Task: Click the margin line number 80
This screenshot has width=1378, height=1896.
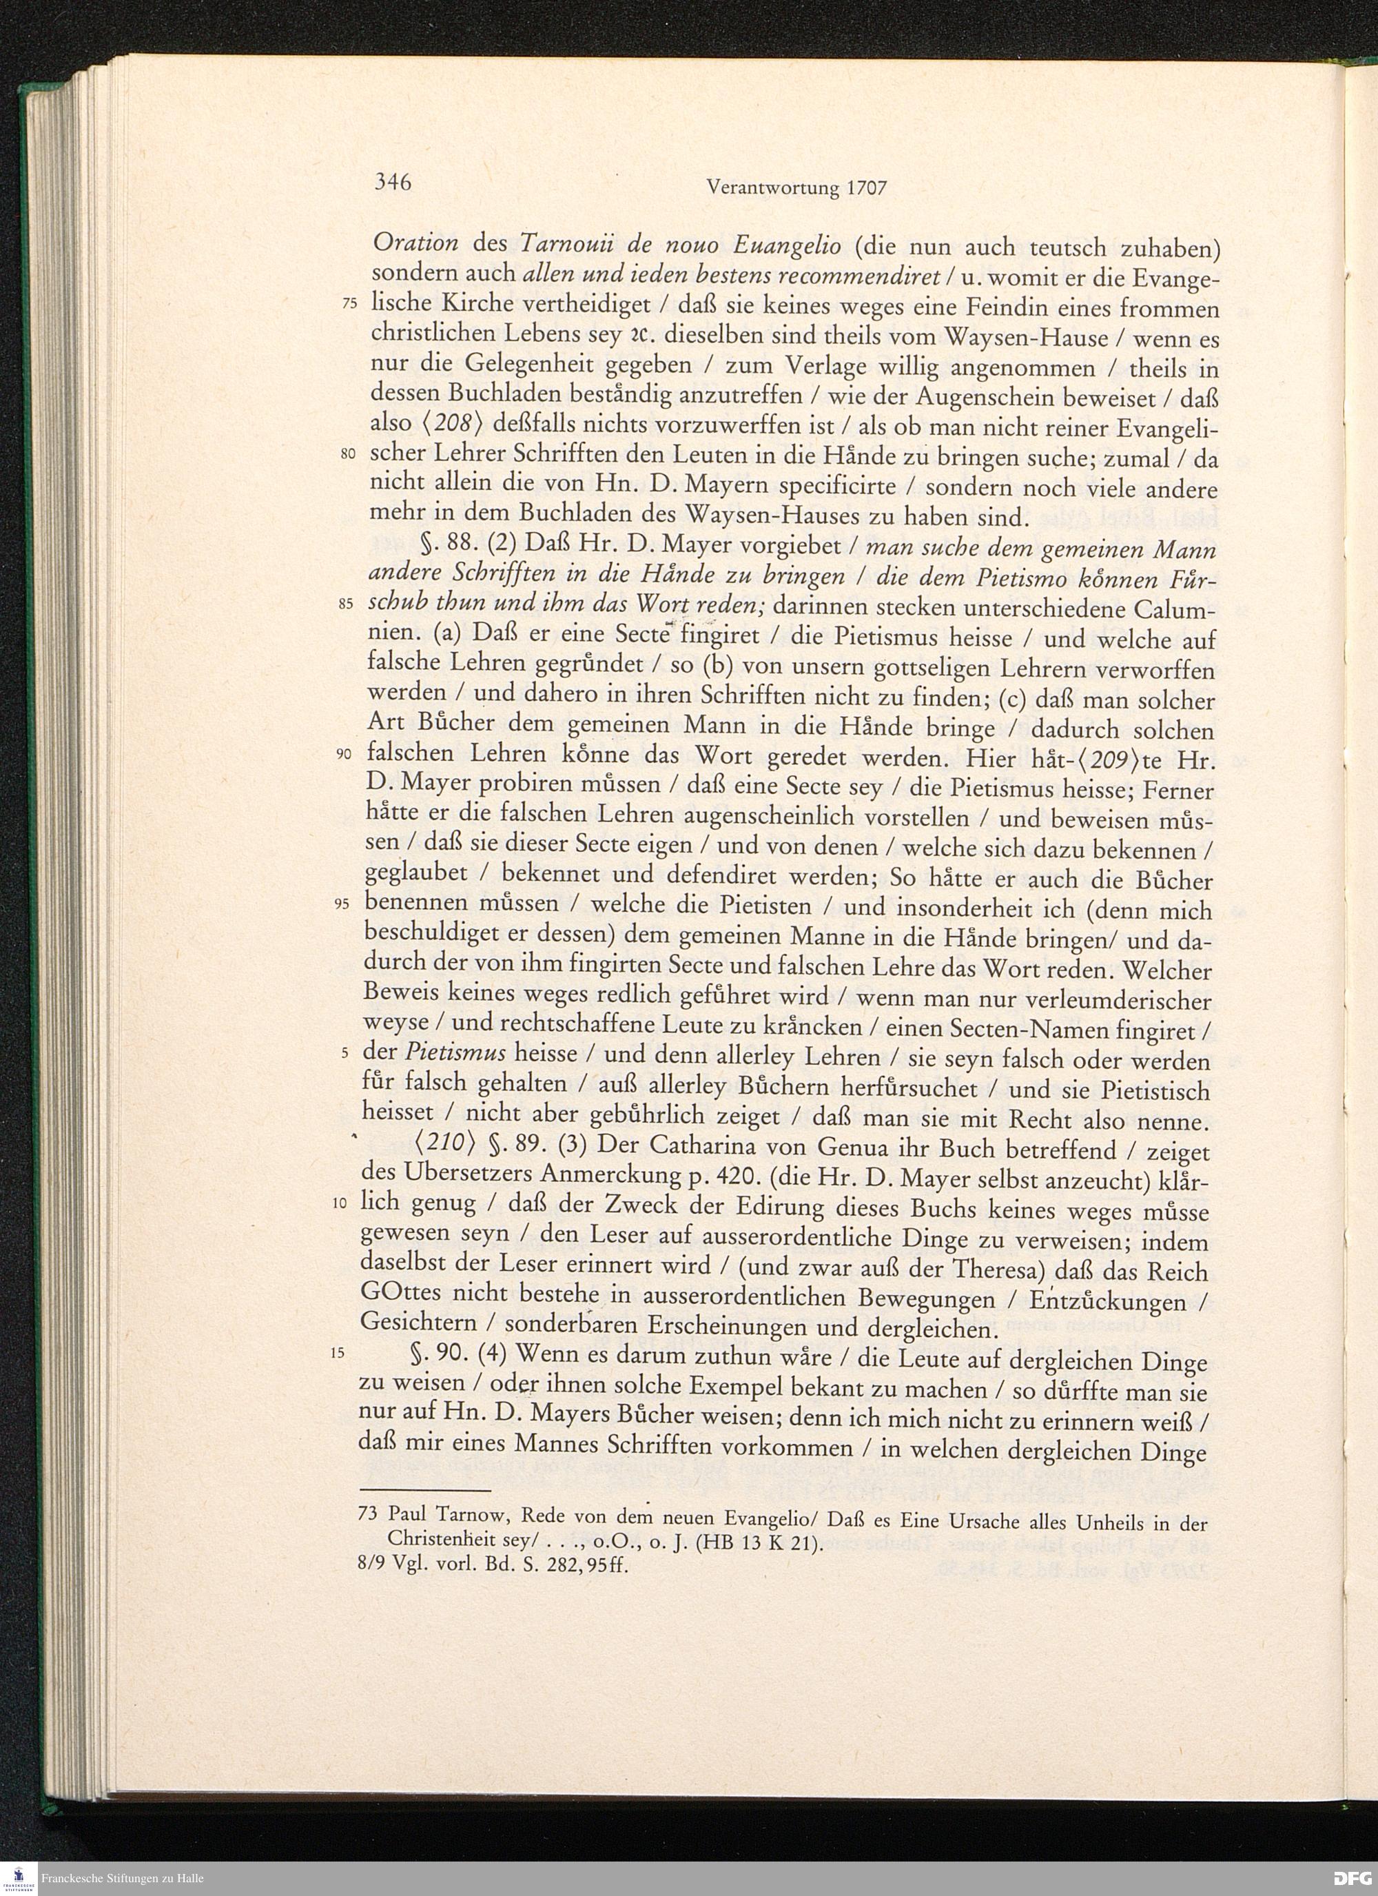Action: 349,454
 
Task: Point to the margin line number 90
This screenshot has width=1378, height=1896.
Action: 344,754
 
